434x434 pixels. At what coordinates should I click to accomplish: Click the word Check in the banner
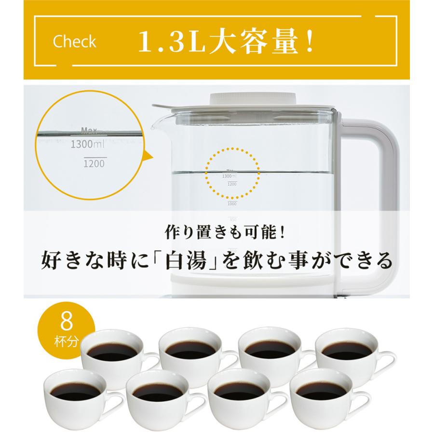pos(74,42)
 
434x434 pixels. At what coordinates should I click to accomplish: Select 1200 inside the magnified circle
pos(93,163)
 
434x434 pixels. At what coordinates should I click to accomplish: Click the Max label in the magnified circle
pos(89,130)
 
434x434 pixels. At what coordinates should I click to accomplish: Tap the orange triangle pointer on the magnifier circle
pos(147,158)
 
